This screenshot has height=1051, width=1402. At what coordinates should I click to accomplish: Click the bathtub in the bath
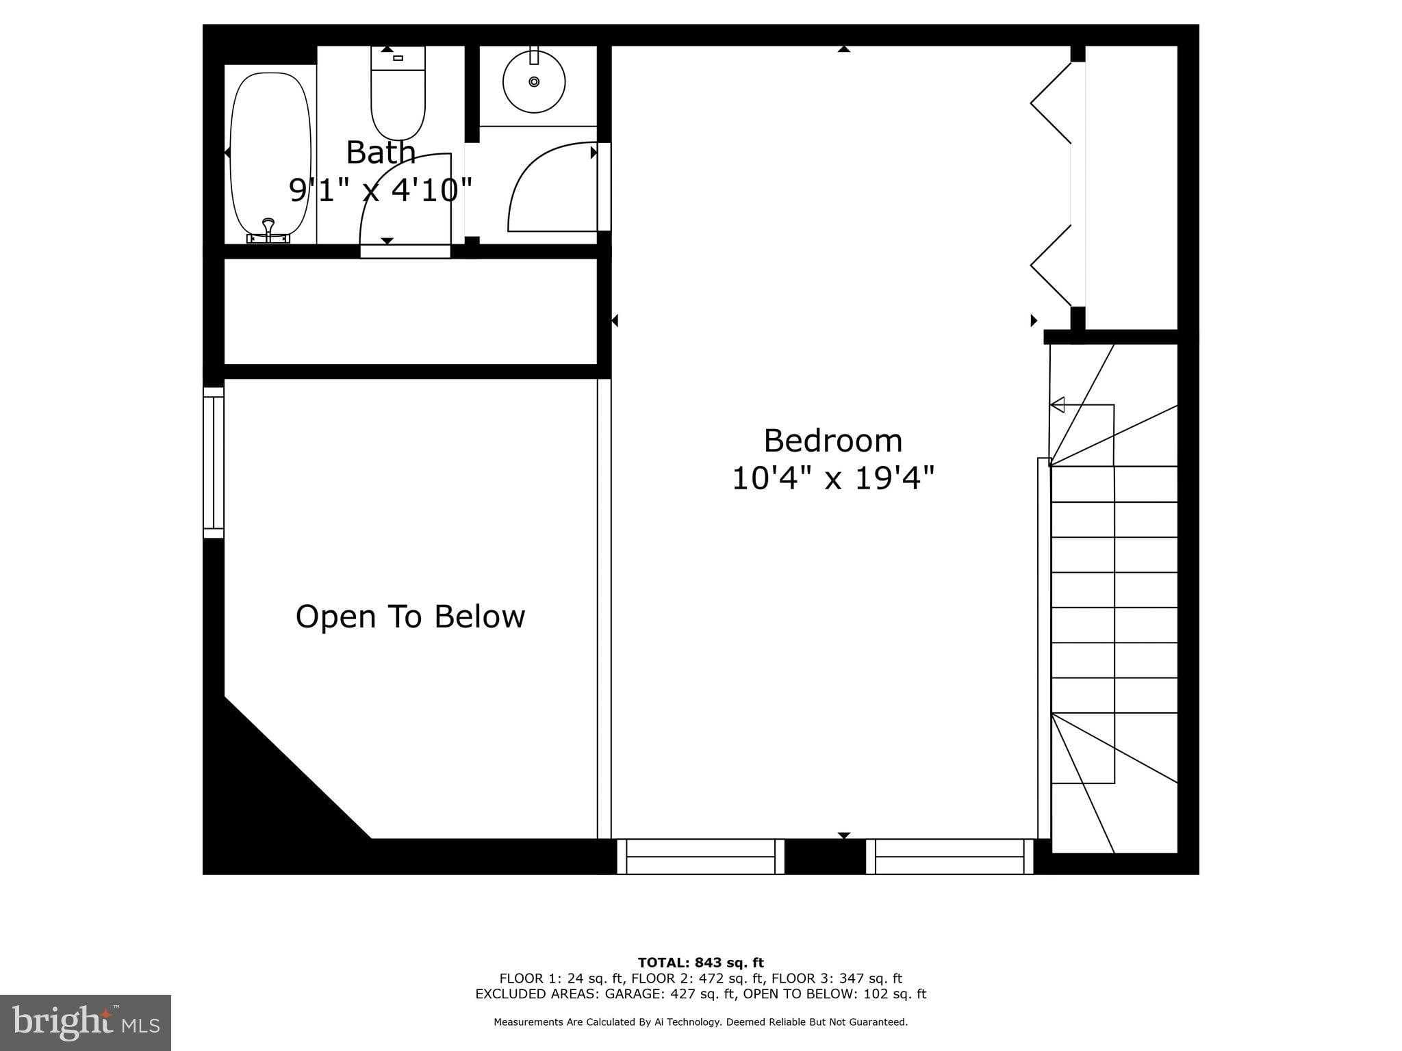click(270, 154)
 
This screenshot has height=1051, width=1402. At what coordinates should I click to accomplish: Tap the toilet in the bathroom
click(398, 93)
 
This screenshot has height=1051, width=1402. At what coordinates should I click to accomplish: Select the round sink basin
click(534, 81)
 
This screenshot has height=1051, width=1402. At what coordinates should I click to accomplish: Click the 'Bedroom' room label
click(833, 441)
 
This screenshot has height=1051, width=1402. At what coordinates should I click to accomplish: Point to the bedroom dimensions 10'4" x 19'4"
click(833, 478)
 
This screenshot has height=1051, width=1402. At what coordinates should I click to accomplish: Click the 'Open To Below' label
click(410, 617)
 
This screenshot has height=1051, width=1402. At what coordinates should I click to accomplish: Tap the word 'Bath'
click(381, 152)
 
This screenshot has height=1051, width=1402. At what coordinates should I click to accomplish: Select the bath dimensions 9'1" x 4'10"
click(381, 190)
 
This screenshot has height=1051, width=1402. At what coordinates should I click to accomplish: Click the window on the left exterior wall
click(214, 463)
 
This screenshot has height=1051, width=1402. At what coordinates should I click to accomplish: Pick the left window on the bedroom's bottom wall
click(700, 857)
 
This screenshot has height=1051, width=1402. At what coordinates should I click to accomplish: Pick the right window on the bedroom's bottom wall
click(949, 857)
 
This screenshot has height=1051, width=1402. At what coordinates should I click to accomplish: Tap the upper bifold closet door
click(1051, 103)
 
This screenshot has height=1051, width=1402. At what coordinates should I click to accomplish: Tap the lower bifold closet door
click(1051, 265)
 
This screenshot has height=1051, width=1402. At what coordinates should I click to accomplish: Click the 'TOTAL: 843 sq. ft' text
click(701, 963)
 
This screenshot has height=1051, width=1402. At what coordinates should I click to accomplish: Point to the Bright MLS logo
click(86, 1022)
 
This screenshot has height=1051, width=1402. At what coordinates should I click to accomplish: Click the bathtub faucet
click(268, 231)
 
